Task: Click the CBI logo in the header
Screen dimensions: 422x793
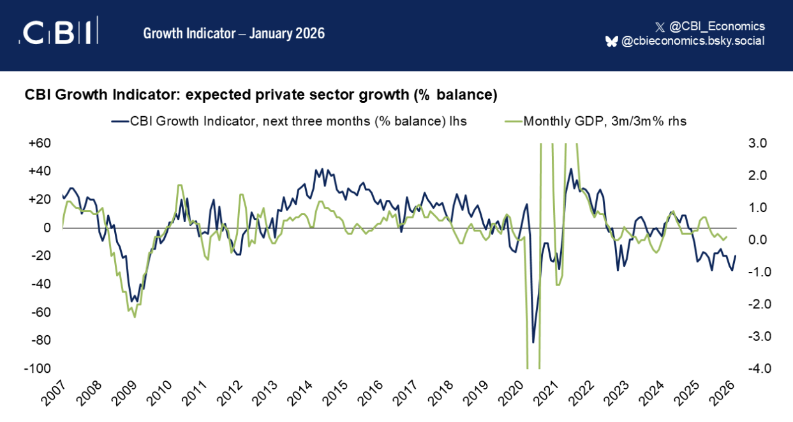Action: (x=58, y=33)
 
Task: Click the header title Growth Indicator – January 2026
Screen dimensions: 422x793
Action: (x=233, y=33)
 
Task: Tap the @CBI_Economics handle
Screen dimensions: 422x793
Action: (x=716, y=26)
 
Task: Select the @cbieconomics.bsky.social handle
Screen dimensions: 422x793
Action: (x=693, y=41)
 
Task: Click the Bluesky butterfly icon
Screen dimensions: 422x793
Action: (x=611, y=41)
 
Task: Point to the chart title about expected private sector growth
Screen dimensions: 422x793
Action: (x=260, y=94)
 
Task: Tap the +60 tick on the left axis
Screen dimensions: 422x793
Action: (x=40, y=143)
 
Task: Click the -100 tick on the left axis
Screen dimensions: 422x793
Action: (x=39, y=369)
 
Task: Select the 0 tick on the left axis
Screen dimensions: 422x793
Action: (x=47, y=228)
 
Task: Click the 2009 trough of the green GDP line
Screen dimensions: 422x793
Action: (x=134, y=317)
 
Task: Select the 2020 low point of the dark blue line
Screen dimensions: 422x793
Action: (x=533, y=342)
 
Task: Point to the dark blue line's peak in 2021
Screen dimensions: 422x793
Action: (x=571, y=169)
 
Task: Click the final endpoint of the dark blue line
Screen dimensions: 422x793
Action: (x=736, y=256)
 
